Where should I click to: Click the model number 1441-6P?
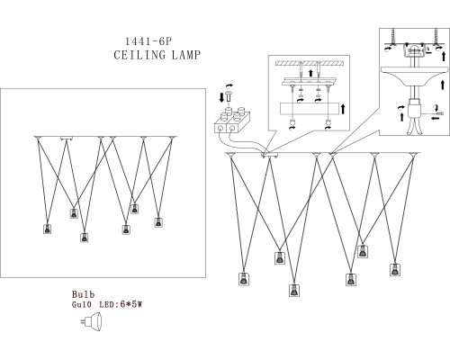[x=148, y=41]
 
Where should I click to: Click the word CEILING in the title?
[x=139, y=55]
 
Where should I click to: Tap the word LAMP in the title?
[x=186, y=55]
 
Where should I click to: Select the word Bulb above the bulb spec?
[x=83, y=294]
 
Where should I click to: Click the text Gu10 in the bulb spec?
[x=82, y=305]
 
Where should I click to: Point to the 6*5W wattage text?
[x=130, y=305]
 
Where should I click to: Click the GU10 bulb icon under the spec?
[x=92, y=321]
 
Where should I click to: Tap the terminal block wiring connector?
[x=232, y=121]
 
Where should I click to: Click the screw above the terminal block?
[x=229, y=96]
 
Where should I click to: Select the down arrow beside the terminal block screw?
[x=221, y=98]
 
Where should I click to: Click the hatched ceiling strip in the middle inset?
[x=310, y=63]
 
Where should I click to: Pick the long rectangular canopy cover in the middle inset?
[x=310, y=109]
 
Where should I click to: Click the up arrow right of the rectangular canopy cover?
[x=343, y=109]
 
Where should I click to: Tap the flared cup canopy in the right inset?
[x=414, y=76]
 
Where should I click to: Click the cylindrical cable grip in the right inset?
[x=414, y=110]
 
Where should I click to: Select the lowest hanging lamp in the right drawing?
[x=294, y=290]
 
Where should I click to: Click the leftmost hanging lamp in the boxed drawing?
[x=47, y=229]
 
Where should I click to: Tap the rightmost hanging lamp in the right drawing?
[x=395, y=269]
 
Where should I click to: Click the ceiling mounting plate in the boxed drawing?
[x=67, y=139]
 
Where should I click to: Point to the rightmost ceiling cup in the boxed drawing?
[x=172, y=138]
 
